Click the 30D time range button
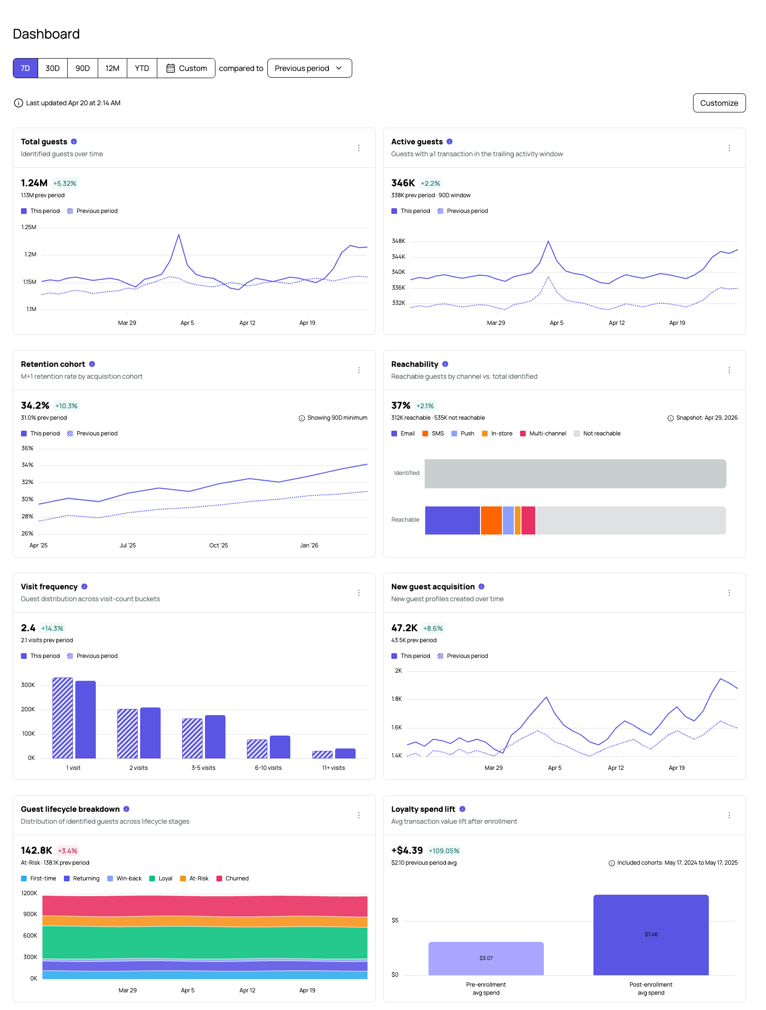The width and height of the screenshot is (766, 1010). click(52, 68)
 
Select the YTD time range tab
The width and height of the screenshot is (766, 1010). click(142, 68)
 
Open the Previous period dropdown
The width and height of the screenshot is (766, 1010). click(309, 68)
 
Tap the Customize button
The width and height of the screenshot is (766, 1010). click(719, 103)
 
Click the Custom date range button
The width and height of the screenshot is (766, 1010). click(186, 68)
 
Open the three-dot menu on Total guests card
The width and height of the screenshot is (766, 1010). click(359, 148)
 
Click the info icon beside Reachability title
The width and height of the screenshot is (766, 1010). click(445, 364)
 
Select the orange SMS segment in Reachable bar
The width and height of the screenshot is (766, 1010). click(491, 520)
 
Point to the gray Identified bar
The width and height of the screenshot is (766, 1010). click(575, 474)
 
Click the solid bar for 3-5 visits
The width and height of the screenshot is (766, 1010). click(215, 737)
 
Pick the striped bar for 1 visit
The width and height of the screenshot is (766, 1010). click(62, 718)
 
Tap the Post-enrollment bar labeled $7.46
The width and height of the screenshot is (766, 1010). click(651, 935)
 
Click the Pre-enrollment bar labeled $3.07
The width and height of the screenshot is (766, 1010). click(486, 959)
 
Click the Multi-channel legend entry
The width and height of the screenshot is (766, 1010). click(543, 434)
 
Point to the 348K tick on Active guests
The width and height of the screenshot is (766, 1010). click(398, 241)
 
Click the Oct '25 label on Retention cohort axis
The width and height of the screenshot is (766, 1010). click(219, 545)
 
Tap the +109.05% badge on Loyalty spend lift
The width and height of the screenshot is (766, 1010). click(444, 851)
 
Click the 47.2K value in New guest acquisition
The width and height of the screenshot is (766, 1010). click(404, 628)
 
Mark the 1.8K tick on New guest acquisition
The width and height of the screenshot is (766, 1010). click(397, 699)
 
